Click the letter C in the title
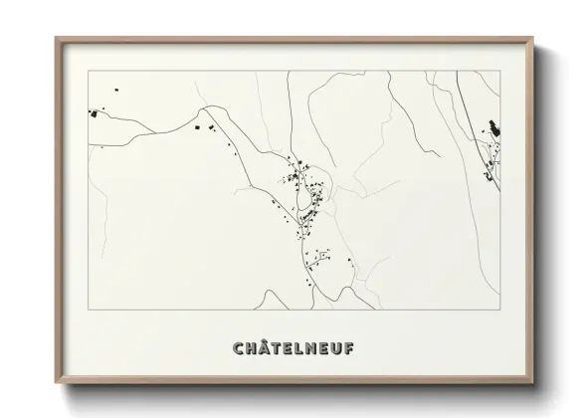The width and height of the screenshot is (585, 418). pos(238,348)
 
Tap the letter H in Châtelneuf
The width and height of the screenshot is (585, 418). pos(251,348)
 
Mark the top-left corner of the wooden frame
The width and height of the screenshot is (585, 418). pos(56,38)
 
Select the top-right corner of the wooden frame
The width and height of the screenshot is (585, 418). pos(534,38)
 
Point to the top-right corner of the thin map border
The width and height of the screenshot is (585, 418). pos(500,71)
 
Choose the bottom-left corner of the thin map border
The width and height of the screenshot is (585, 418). pos(90,310)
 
